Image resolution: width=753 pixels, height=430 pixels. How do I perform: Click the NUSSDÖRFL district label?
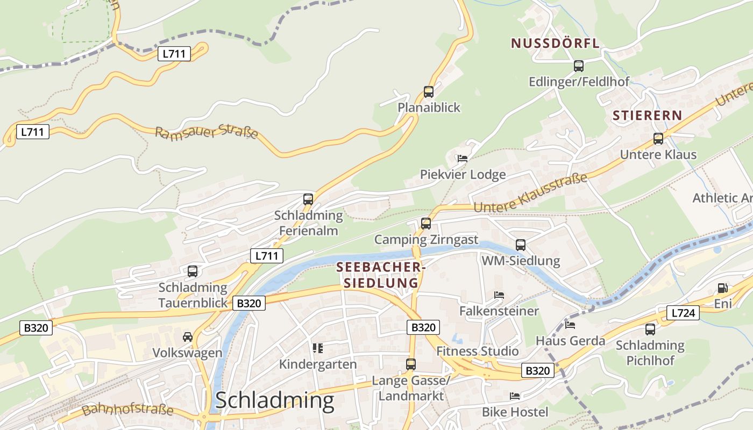pos(555,44)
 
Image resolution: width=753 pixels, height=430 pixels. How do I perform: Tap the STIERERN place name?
pos(647,116)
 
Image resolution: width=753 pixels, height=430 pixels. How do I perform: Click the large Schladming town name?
pos(274,400)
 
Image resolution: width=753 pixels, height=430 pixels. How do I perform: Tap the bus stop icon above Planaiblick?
pos(429,92)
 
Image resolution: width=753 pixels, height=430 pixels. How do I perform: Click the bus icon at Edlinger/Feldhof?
pos(579,66)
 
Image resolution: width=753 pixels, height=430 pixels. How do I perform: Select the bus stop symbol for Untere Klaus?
pos(658,139)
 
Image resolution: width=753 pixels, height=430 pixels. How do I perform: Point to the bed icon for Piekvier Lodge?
pos(463,159)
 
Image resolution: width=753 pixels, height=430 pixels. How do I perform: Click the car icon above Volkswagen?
pos(187,337)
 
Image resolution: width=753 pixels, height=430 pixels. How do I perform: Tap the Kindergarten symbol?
pos(318,348)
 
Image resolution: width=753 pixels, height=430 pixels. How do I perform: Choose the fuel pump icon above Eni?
pos(723,289)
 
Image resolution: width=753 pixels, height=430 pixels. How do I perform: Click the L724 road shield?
pos(683,313)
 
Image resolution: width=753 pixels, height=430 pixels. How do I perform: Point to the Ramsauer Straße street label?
pos(207,132)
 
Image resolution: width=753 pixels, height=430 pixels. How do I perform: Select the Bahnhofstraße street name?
pos(128,410)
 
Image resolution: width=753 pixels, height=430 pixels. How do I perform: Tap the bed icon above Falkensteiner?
pos(499,295)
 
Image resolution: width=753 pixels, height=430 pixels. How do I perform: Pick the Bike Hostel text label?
pos(515,412)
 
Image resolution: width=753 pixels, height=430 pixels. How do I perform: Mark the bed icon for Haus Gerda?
pos(570,325)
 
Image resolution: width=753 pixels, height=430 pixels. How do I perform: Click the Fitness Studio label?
pos(478,352)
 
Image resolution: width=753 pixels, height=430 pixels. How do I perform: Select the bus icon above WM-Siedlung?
pos(521,245)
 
